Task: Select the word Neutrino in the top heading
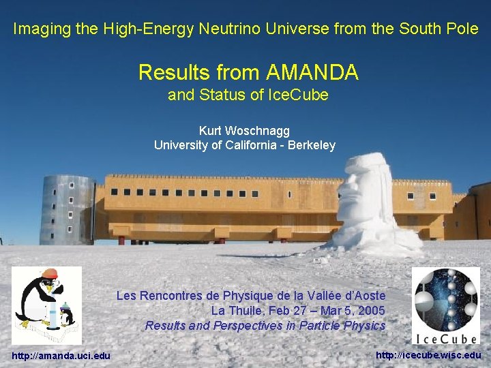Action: [225, 29]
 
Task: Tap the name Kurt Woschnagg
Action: [245, 129]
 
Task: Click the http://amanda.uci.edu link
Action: [61, 355]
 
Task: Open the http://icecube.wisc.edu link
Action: [428, 355]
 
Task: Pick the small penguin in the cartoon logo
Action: [67, 316]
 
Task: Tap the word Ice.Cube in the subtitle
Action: [300, 95]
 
